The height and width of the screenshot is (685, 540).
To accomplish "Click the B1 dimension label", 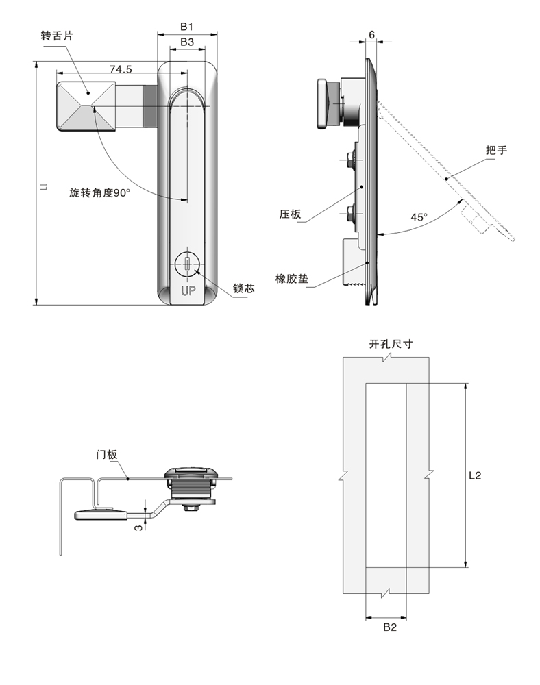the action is point(186,27).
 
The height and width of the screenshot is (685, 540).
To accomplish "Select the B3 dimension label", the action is point(187,42).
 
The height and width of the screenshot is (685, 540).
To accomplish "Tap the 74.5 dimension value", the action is point(121,69).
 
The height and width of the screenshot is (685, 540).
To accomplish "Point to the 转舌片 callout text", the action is point(57,36).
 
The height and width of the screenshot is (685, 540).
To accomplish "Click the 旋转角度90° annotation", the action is point(99,192).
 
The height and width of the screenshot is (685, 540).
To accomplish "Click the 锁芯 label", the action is point(244,288).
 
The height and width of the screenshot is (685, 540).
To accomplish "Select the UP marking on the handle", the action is point(188,290).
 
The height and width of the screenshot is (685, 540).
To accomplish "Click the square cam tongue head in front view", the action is point(86,106).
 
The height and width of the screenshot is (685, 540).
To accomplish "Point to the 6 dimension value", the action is point(372,34).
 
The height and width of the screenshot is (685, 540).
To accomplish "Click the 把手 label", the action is point(496,150).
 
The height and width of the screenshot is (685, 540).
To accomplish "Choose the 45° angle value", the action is point(419,217).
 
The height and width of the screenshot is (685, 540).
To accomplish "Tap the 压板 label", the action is point(291,214).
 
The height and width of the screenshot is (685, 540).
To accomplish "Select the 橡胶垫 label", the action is point(292,279).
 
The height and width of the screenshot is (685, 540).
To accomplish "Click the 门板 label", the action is point(107,454).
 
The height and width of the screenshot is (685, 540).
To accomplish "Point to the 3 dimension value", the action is point(138,527).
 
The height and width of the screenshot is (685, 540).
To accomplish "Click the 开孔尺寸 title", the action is point(391,345).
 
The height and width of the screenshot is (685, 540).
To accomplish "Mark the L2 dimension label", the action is point(475,475).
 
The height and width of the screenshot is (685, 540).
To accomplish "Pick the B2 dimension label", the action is point(390,627).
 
